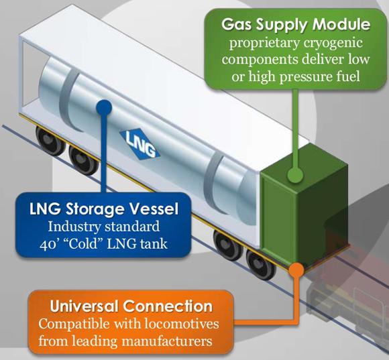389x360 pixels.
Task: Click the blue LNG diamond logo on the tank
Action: (x=140, y=143)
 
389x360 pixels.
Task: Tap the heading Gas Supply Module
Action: (x=296, y=24)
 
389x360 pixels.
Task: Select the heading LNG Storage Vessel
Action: (x=104, y=208)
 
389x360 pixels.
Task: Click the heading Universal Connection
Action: (x=131, y=306)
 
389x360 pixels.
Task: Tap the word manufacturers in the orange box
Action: (x=167, y=341)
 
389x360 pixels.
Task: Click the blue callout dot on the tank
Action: (x=103, y=108)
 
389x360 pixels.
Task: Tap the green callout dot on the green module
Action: (x=295, y=175)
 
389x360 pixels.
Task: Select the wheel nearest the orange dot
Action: (x=260, y=264)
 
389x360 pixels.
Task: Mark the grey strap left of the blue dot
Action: (x=68, y=100)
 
